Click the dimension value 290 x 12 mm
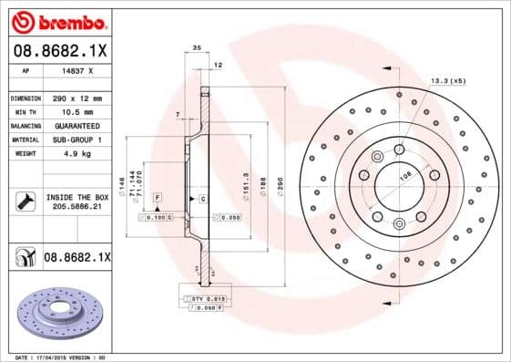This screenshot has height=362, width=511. pos(76,98)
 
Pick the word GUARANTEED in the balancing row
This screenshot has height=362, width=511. pos(76,125)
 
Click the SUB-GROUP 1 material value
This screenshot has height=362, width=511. pos(76,140)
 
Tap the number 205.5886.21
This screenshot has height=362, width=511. pos(76,208)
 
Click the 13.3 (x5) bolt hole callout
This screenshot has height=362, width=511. pos(447,80)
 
